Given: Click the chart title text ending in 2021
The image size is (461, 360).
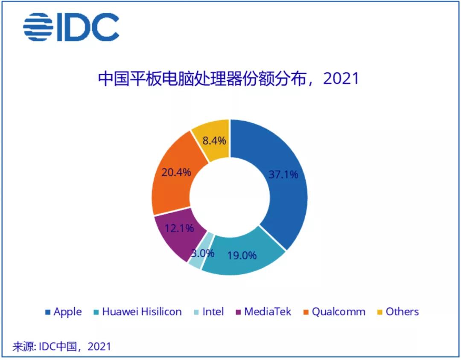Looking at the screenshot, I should (x=228, y=79).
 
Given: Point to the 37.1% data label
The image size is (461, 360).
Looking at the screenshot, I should (x=283, y=174).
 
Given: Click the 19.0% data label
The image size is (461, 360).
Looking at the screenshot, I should (x=242, y=255).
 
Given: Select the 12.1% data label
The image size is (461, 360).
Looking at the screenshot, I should (x=179, y=228).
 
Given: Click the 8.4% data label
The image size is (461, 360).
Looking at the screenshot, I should (x=214, y=140).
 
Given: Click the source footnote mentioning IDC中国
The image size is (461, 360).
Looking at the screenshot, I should (x=62, y=346).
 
